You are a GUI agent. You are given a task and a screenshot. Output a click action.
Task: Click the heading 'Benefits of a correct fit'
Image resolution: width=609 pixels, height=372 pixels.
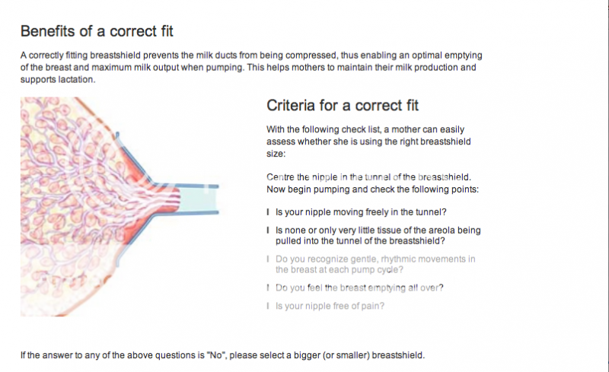(x=97, y=31)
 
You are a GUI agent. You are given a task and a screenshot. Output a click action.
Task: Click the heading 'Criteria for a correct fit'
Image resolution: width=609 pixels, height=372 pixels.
(x=342, y=105)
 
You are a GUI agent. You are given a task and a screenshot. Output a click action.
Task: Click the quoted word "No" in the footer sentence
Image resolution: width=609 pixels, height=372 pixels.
(x=216, y=355)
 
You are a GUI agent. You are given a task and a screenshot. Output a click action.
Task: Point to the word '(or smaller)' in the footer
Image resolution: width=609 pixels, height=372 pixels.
(x=346, y=355)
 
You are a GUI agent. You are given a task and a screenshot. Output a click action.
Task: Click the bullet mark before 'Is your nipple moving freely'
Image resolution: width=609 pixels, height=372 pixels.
(x=268, y=212)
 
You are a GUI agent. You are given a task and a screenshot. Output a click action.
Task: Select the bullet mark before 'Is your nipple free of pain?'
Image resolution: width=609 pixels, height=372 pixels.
(x=268, y=306)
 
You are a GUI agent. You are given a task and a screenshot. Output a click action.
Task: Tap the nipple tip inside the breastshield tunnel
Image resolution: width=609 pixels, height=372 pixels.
(x=178, y=199)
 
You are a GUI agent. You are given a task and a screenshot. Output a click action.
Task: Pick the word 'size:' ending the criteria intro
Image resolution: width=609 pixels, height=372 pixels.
(x=276, y=154)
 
